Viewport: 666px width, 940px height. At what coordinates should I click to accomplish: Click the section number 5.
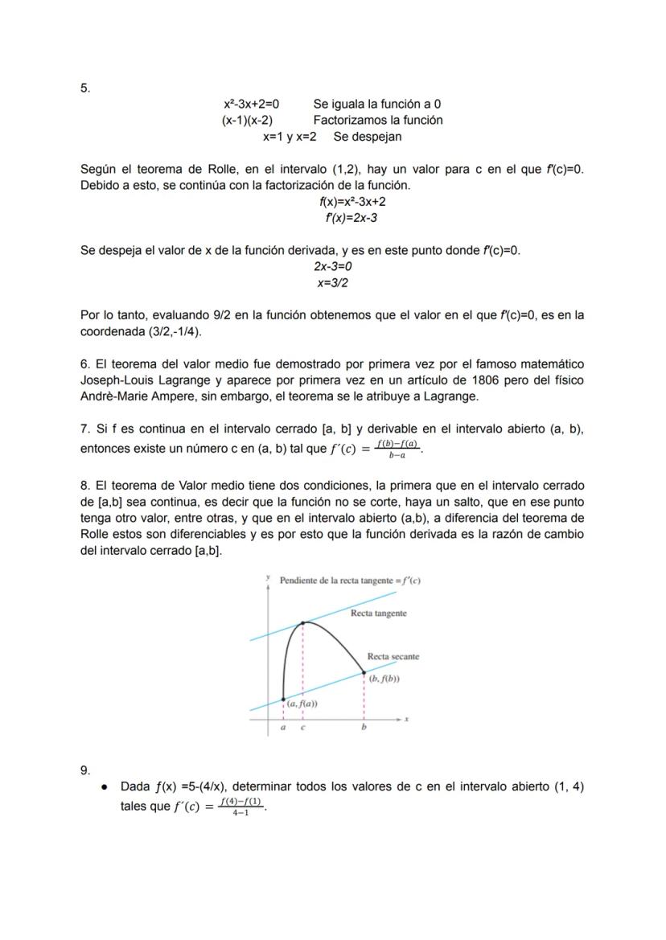click(x=85, y=88)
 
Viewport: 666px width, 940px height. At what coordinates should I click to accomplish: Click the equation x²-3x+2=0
click(x=251, y=104)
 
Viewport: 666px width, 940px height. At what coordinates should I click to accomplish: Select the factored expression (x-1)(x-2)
click(x=247, y=120)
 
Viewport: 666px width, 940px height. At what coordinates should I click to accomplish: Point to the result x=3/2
click(x=333, y=283)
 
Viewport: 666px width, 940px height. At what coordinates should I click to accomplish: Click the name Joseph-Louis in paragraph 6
click(x=115, y=380)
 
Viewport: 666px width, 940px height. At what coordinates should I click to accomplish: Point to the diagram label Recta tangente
click(x=378, y=614)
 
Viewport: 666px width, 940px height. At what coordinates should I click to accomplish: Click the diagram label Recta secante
click(x=393, y=657)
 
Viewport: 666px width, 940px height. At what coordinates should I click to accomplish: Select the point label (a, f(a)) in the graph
click(x=302, y=704)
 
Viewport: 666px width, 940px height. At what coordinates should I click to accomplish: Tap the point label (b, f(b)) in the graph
click(x=384, y=679)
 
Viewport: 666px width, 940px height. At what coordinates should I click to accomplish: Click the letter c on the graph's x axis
click(x=302, y=729)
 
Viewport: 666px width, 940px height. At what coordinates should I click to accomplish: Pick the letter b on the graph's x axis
click(x=364, y=729)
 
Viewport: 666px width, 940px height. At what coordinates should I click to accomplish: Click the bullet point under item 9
click(x=105, y=787)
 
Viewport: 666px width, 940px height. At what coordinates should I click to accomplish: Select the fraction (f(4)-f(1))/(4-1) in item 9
click(x=240, y=807)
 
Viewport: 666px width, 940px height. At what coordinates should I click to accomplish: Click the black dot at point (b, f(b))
click(x=364, y=672)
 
